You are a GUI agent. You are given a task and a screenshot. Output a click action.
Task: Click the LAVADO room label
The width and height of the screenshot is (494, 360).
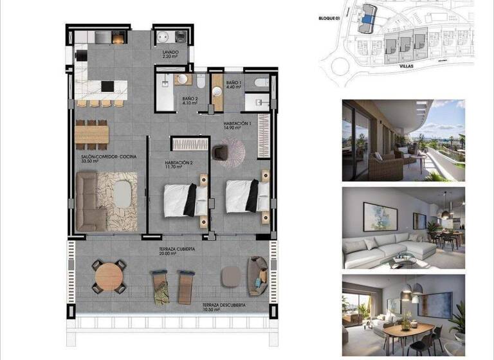[x=170, y=52]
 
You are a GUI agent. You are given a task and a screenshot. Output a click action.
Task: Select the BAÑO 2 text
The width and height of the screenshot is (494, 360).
[x=190, y=98]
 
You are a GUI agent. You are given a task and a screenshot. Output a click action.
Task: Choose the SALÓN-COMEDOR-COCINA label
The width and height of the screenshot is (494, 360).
[x=108, y=157]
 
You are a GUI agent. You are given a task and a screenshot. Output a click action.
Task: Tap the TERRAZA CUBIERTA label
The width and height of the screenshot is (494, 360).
[x=177, y=248]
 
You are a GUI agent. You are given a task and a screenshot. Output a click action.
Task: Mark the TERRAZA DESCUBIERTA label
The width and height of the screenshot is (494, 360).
[x=223, y=304]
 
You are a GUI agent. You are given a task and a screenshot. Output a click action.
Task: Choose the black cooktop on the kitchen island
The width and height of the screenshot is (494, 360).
[x=107, y=86]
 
